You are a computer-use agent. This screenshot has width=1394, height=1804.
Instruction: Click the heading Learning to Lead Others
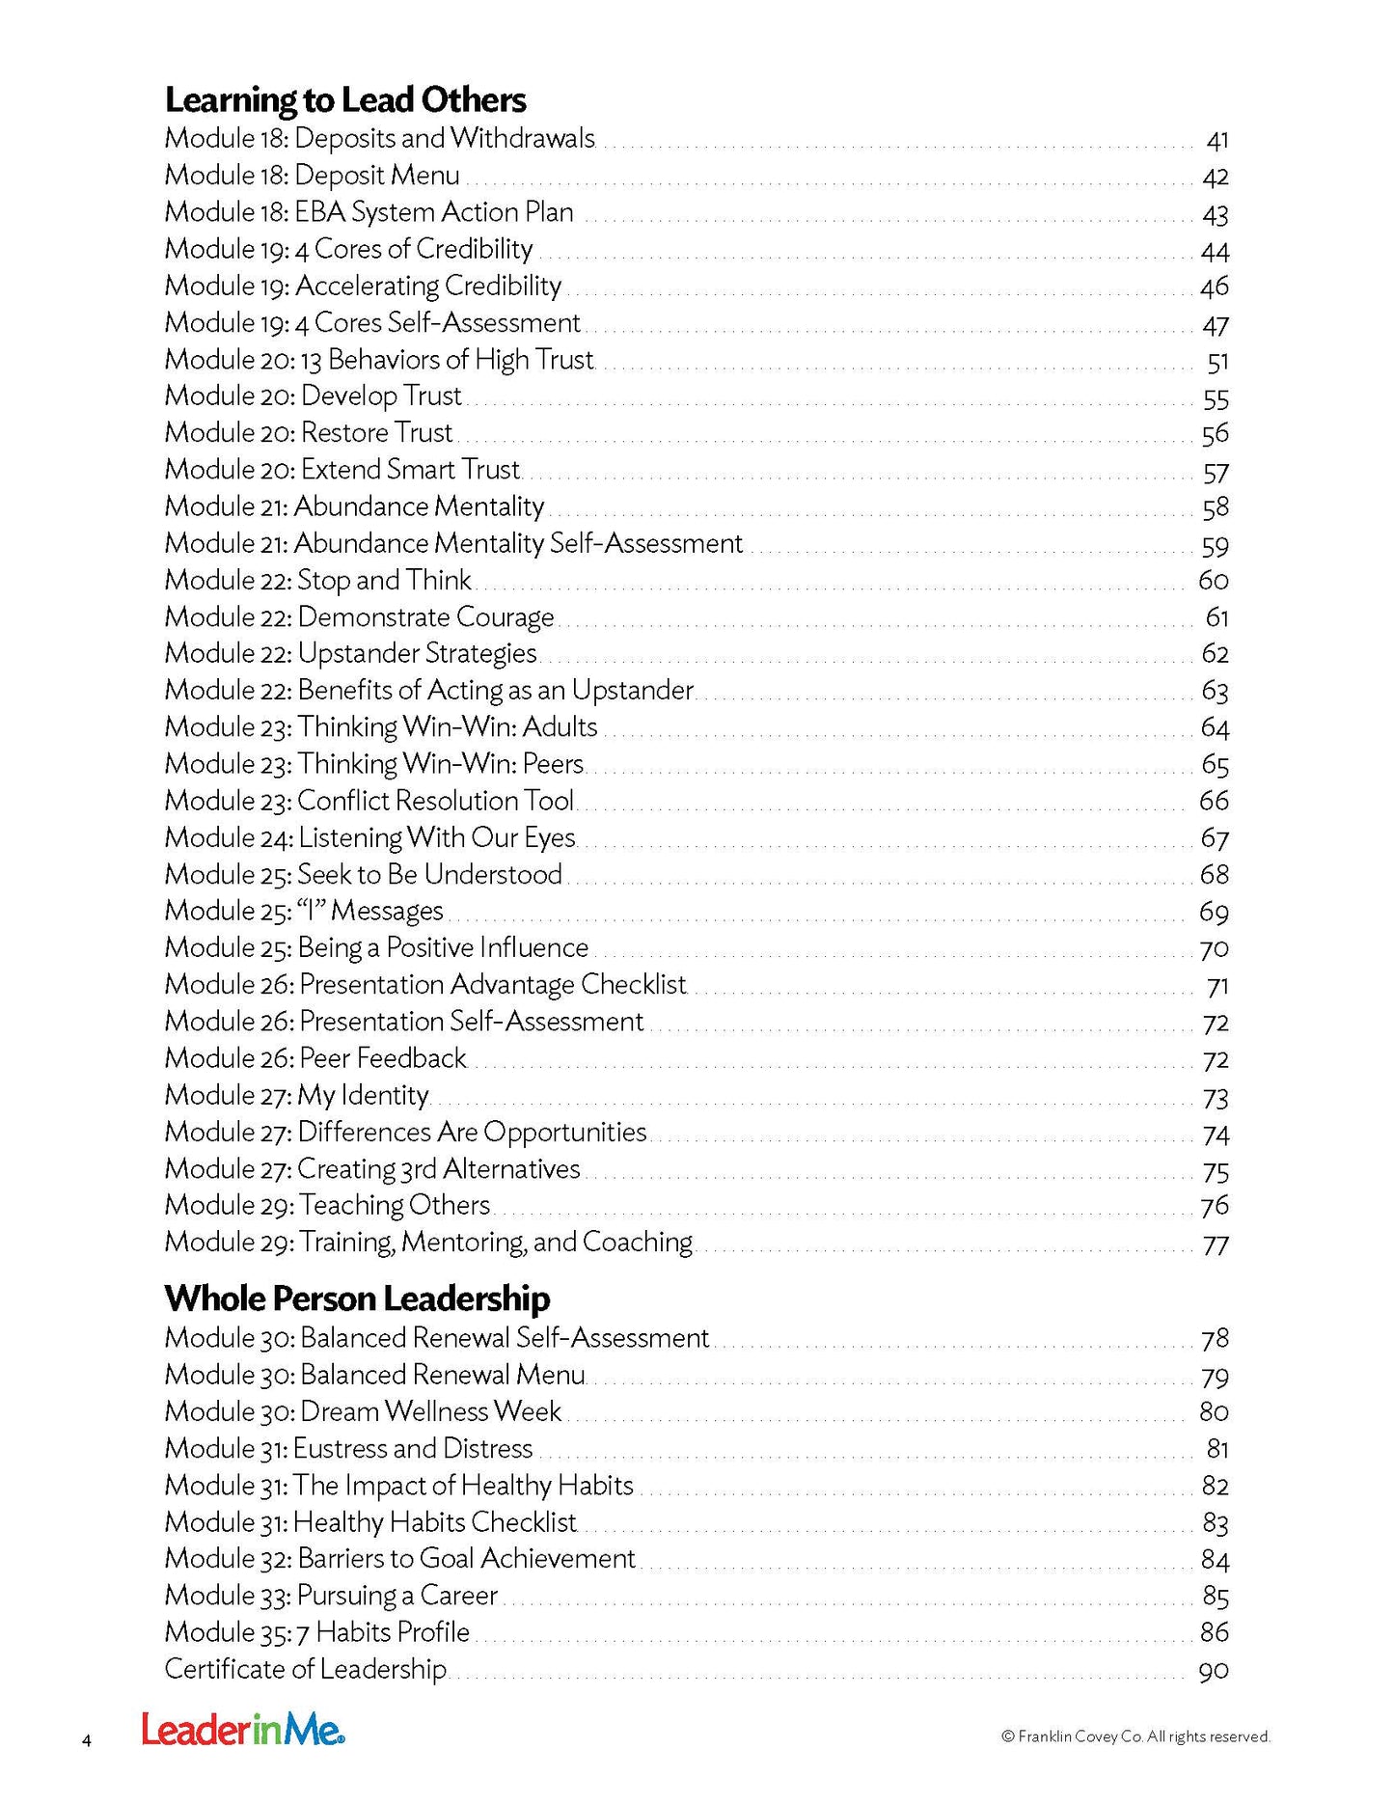(344, 100)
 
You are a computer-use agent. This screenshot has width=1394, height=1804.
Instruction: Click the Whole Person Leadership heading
(357, 1298)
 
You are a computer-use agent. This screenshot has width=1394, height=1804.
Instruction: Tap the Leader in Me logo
(243, 1730)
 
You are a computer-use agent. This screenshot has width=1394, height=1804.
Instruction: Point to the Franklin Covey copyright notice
(1135, 1736)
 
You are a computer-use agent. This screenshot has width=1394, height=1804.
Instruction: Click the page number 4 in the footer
(87, 1740)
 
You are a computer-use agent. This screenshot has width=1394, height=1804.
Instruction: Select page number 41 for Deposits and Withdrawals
(1216, 141)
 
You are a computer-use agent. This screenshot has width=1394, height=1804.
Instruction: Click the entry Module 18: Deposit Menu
(312, 176)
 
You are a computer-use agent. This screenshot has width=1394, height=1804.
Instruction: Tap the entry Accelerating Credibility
(363, 287)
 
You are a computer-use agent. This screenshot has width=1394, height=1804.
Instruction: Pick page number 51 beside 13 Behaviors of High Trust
(1216, 362)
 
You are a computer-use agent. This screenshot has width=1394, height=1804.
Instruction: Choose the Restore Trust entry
(308, 433)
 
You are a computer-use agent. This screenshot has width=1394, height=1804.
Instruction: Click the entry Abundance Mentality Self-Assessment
(453, 544)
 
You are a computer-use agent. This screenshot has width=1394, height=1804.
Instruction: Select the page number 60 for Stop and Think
(1213, 581)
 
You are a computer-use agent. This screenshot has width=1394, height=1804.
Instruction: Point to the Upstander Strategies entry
(350, 654)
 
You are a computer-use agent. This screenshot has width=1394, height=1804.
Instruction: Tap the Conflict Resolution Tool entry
(369, 802)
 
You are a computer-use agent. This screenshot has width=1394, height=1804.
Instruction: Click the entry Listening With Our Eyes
(369, 838)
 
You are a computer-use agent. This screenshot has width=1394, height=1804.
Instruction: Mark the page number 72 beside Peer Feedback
(1216, 1060)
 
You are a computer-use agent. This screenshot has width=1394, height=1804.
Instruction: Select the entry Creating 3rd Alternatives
(372, 1169)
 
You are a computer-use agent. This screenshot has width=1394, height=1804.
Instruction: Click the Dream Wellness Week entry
(363, 1412)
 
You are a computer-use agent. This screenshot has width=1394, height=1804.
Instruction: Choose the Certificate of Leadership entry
(305, 1669)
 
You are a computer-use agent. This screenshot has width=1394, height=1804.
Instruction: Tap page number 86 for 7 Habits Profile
(1215, 1632)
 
